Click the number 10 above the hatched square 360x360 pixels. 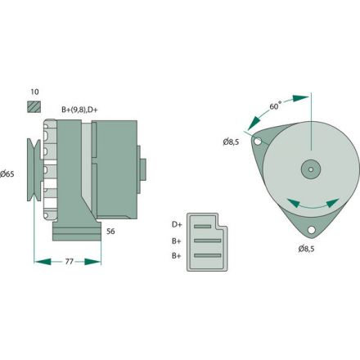[x=33, y=92]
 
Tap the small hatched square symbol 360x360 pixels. [x=34, y=106]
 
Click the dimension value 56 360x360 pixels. [x=110, y=232]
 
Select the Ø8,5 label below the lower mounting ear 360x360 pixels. [x=308, y=247]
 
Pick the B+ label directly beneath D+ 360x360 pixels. [x=177, y=241]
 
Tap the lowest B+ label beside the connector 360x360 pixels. [x=177, y=256]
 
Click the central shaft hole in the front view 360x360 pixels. [x=311, y=169]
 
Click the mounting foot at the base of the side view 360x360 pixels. [x=75, y=235]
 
